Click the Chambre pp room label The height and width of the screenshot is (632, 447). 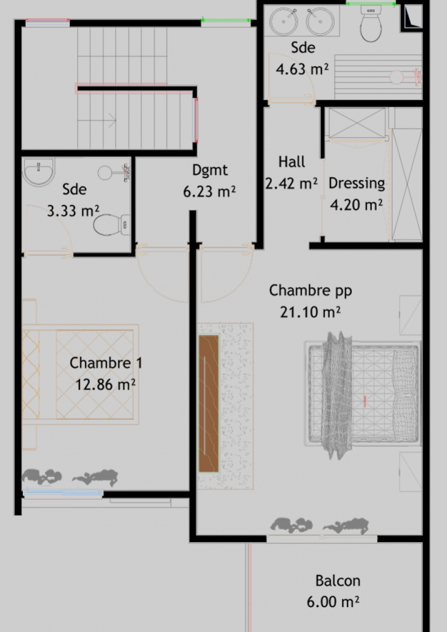click(x=310, y=291)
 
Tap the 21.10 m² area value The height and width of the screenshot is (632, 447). click(x=310, y=312)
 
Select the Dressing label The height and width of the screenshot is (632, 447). click(x=357, y=184)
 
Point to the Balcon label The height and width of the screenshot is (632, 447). click(x=338, y=581)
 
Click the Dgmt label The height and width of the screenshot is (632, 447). click(x=210, y=170)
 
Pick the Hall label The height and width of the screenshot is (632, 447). click(x=291, y=162)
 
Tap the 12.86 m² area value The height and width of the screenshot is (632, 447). click(x=105, y=385)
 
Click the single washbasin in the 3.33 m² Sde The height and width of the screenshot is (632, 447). click(x=38, y=172)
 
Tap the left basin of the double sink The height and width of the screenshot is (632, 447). click(x=284, y=22)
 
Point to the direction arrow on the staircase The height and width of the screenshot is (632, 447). click(x=97, y=120)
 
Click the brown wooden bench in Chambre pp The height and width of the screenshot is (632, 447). click(x=209, y=404)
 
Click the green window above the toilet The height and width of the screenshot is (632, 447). click(x=371, y=4)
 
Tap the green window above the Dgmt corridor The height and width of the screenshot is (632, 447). click(x=226, y=20)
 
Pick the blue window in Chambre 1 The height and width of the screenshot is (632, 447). click(x=63, y=493)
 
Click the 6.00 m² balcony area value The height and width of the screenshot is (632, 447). click(x=333, y=602)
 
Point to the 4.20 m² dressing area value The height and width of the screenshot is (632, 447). click(x=356, y=205)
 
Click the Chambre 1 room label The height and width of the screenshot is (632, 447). click(x=106, y=363)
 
